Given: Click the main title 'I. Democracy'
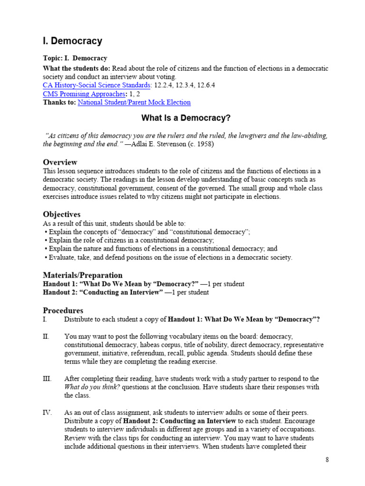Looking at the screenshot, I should coord(73,41).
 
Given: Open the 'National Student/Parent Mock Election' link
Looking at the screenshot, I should coord(134,102).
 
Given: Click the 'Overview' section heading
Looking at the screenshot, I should coord(60,162).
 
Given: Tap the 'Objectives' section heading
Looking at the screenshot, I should coord(62,215).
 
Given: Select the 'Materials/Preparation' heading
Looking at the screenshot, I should coord(83,275).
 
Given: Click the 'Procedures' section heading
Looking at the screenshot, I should coord(63,310).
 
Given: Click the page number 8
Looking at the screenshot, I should coord(327,459).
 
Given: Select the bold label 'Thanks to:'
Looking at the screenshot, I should coord(59,102).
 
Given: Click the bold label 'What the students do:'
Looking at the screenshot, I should coord(76,68).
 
